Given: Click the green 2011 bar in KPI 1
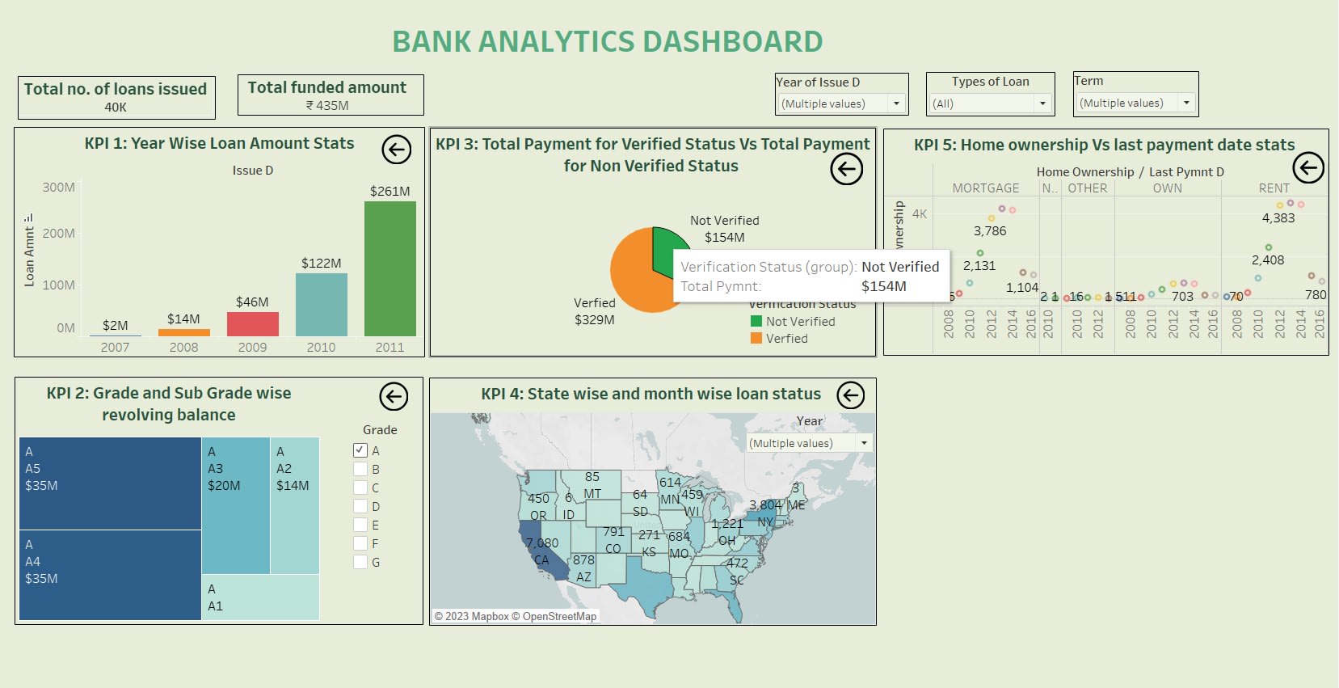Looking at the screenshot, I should coord(389,268).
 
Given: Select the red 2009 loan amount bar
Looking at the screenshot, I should coord(252,324).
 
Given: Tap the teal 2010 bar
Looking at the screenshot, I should coord(321,305).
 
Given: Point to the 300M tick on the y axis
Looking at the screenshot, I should coord(59,188).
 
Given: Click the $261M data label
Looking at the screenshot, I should coord(389,192).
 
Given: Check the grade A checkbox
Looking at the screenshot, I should coord(360,450).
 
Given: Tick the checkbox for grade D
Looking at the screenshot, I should coord(360,506).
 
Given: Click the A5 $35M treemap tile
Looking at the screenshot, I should coord(110,483).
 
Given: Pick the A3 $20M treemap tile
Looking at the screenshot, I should coord(235,505).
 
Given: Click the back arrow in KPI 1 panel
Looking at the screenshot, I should coord(397,150).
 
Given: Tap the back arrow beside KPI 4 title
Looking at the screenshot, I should coord(850,395).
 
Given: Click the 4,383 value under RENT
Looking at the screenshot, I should coord(1278,218).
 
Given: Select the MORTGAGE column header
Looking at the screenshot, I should coord(985,188).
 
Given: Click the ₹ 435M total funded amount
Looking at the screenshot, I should coord(327,106).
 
